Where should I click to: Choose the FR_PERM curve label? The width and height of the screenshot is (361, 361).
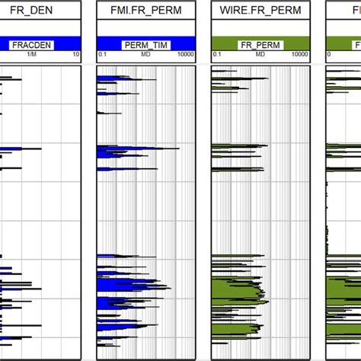pyautogui.click(x=257, y=45)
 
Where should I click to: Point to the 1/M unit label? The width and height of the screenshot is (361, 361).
pyautogui.click(x=32, y=56)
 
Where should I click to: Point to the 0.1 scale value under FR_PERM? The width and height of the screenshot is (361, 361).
pyautogui.click(x=217, y=56)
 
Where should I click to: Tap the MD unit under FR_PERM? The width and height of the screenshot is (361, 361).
pyautogui.click(x=259, y=56)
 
